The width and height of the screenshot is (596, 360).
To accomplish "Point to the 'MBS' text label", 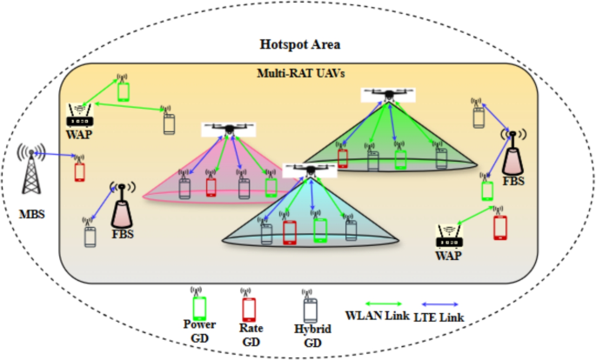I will pos(34,213).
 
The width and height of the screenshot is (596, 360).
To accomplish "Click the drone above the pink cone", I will pos(229,130).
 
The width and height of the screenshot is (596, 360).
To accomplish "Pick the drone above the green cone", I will pos(384,94).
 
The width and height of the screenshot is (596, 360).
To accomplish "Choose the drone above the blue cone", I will pos(310,171).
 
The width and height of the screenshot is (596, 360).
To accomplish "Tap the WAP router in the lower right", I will pos(451,235).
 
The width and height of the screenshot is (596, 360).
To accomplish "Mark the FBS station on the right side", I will pos(513,154).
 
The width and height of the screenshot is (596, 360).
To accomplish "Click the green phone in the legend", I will pos(199,306).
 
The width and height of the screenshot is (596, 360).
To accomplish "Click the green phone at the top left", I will pos(124,90).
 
